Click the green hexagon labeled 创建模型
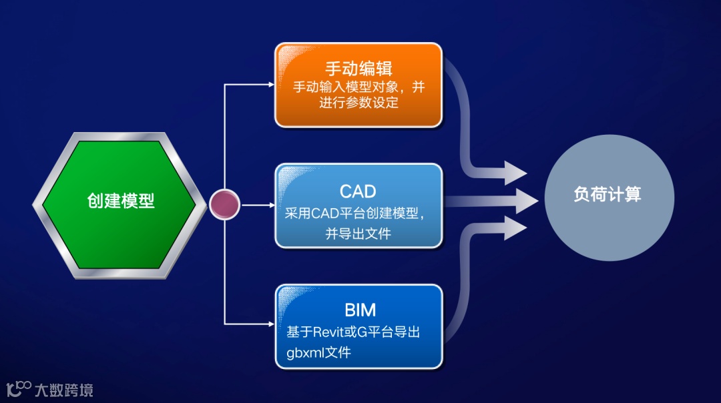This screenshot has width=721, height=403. pyautogui.click(x=120, y=201)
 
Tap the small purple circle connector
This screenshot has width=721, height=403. pyautogui.click(x=224, y=205)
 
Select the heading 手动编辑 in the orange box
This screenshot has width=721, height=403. pyautogui.click(x=358, y=68)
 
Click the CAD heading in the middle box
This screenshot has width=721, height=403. pyautogui.click(x=358, y=191)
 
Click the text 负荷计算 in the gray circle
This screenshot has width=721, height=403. pyautogui.click(x=608, y=194)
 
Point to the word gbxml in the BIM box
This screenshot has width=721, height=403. pyautogui.click(x=304, y=352)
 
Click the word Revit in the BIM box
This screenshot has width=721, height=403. pyautogui.click(x=324, y=332)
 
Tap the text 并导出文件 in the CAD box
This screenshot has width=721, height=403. pyautogui.click(x=358, y=234)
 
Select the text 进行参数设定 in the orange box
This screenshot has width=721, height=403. pyautogui.click(x=359, y=103)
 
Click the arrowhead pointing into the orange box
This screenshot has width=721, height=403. pyautogui.click(x=270, y=85)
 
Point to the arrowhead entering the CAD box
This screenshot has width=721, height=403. pyautogui.click(x=270, y=205)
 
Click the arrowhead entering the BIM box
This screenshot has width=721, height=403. pyautogui.click(x=270, y=324)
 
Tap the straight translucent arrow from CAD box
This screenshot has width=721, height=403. pyautogui.click(x=494, y=199)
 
